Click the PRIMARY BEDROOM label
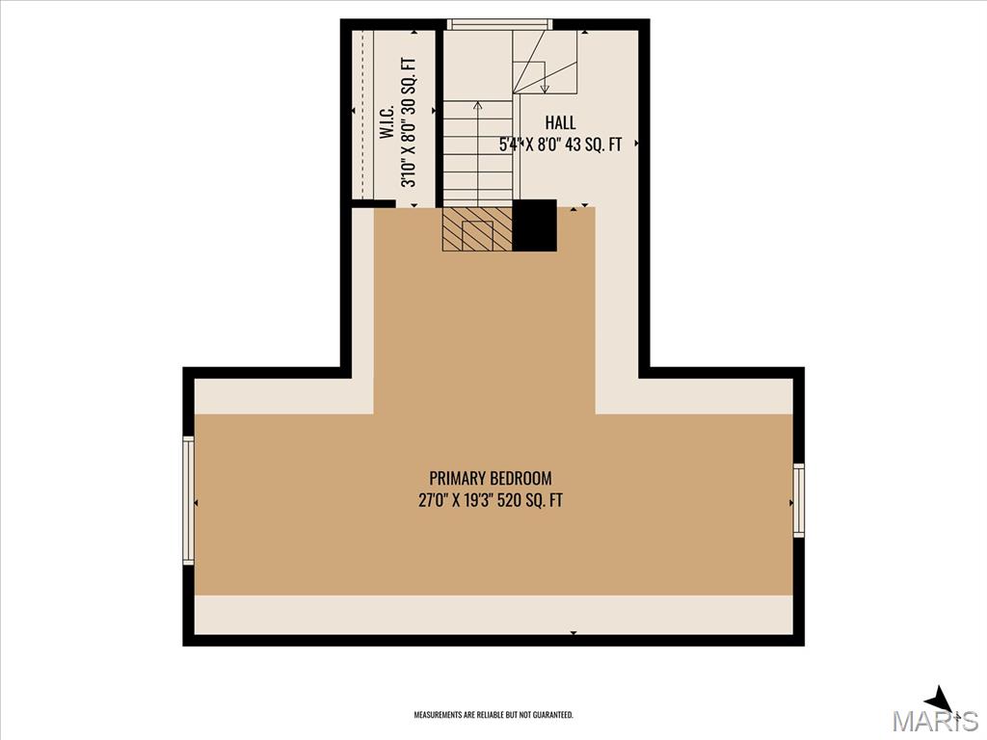(x=491, y=478)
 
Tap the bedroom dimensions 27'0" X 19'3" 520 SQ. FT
(x=491, y=500)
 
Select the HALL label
(x=560, y=122)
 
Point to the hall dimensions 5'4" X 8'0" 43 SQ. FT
(x=560, y=145)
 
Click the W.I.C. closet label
(x=387, y=122)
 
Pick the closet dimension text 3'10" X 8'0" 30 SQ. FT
(x=409, y=122)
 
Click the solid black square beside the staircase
(x=534, y=225)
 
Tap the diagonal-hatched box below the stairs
(x=477, y=229)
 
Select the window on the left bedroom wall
(x=188, y=500)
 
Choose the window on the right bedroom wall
(x=799, y=500)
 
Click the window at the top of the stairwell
(x=500, y=24)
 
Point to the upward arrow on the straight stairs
(x=478, y=151)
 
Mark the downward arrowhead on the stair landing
(x=546, y=88)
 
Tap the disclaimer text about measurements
(x=493, y=715)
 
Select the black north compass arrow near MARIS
(x=939, y=700)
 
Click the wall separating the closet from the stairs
(x=440, y=119)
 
